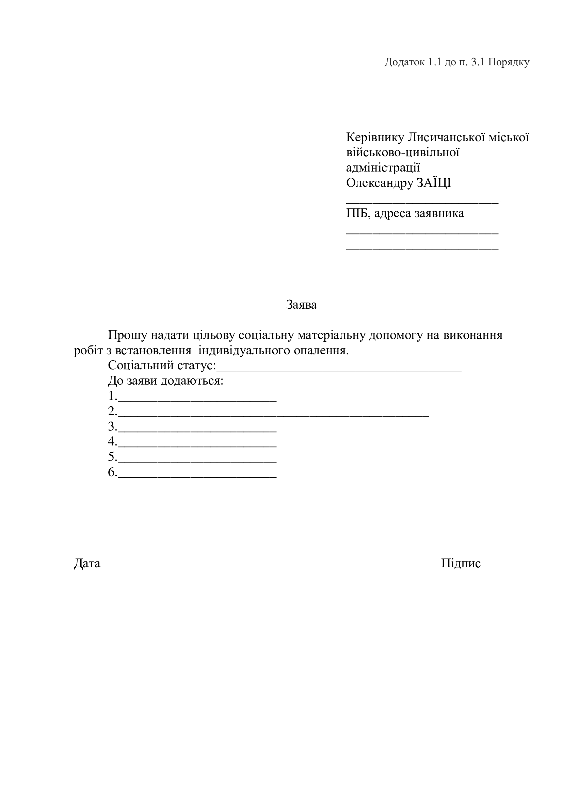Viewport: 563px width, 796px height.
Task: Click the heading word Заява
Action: click(301, 305)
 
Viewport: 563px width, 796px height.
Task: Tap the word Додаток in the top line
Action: click(404, 62)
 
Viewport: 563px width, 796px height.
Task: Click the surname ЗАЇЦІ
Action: click(433, 183)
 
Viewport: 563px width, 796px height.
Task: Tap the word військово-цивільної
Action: click(403, 153)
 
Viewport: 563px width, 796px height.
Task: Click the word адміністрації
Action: click(383, 168)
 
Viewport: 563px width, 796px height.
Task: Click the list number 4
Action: click(112, 442)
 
